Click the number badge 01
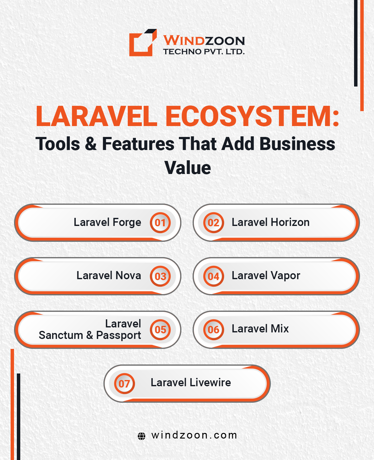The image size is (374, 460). coord(160,223)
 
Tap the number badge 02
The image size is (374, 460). coord(213,223)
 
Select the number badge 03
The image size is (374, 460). coord(160,276)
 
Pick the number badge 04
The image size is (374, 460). coord(213,276)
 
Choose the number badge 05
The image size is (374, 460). coord(160,330)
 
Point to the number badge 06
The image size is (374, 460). coord(213,330)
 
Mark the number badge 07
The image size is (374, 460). coord(124,383)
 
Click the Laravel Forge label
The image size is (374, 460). coord(107,223)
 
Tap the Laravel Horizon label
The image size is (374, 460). coord(271,222)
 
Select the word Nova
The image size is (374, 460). coord(128,276)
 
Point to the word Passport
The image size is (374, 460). coord(118,336)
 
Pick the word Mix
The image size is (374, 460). coord(280,329)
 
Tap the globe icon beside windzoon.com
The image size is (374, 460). coord(141,436)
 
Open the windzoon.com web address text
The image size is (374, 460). coord(194,435)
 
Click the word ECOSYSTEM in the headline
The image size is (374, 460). coord(252,116)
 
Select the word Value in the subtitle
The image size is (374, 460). coord(187,168)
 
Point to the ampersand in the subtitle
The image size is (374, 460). coord(91,144)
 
